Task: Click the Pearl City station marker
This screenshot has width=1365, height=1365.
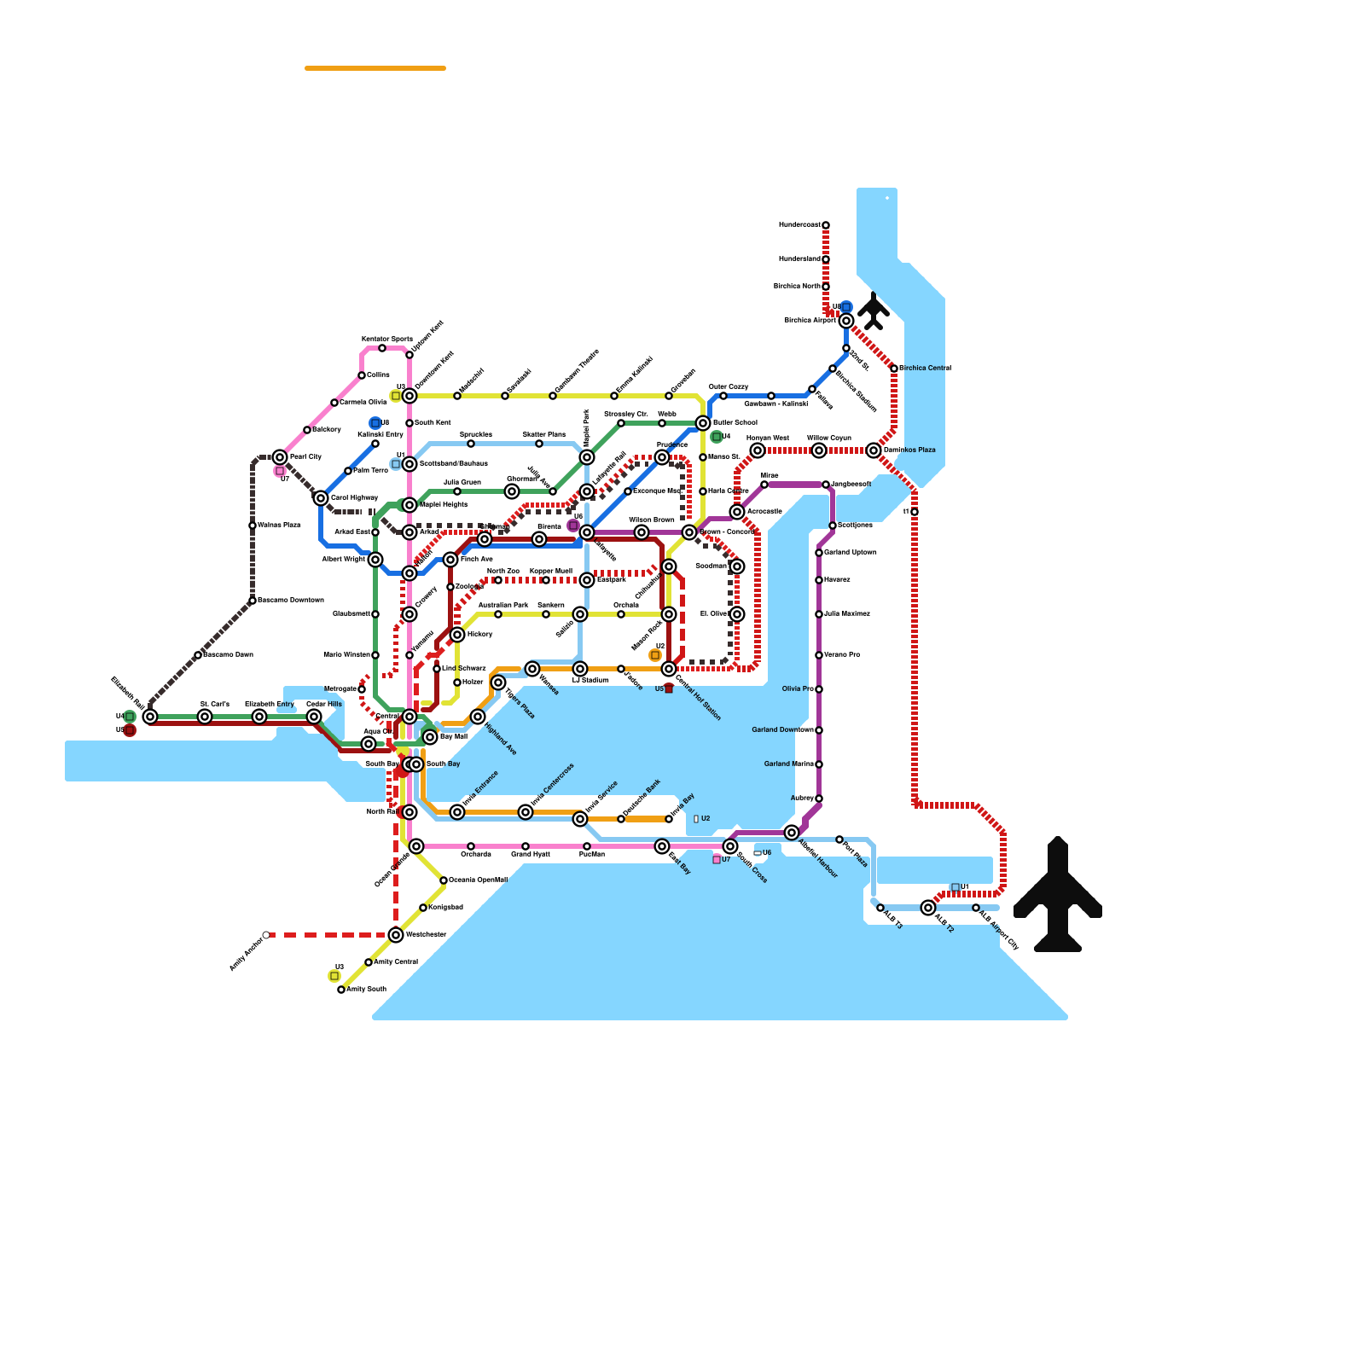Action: (280, 457)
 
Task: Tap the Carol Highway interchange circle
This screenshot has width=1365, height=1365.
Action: (321, 498)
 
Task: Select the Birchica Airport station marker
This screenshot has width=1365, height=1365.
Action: (846, 321)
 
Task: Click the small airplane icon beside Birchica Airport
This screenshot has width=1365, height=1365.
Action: (874, 311)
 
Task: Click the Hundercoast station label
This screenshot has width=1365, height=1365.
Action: (799, 225)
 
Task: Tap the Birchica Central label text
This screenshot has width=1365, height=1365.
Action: (926, 369)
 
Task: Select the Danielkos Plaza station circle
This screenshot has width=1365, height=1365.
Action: (874, 450)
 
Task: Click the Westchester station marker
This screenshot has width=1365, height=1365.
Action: (396, 935)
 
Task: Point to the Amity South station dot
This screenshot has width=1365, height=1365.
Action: (341, 990)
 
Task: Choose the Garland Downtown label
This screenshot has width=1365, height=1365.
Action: (781, 730)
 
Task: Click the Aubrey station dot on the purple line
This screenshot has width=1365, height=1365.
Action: (819, 799)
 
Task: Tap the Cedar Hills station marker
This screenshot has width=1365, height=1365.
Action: (314, 717)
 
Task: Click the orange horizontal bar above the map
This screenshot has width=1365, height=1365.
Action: (375, 68)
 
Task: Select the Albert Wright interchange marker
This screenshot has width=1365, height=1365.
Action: (375, 560)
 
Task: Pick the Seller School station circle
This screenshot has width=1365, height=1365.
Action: (703, 423)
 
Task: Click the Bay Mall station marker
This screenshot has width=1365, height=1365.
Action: (430, 737)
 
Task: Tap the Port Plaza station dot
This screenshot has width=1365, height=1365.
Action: (839, 839)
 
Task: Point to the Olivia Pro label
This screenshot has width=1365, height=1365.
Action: (797, 689)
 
